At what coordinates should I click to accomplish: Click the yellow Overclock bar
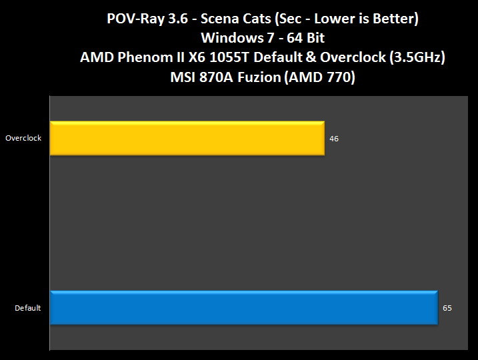[187, 138]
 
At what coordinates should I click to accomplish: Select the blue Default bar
[243, 308]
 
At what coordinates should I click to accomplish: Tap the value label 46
[335, 139]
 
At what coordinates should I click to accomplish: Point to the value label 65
[447, 308]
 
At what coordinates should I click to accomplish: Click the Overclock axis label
[23, 139]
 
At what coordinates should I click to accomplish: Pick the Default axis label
[28, 308]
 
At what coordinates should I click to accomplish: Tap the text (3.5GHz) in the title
[413, 57]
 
